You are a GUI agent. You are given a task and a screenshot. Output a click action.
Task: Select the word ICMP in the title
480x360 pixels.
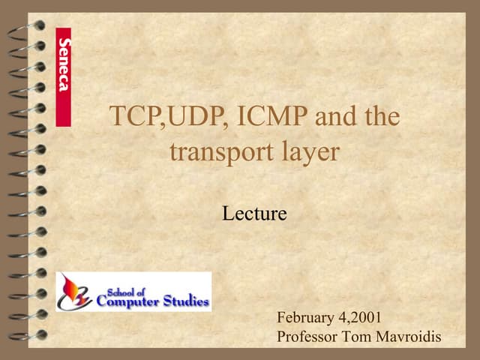[x=273, y=118]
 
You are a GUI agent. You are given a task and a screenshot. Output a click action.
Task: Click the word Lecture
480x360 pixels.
[x=254, y=214]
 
